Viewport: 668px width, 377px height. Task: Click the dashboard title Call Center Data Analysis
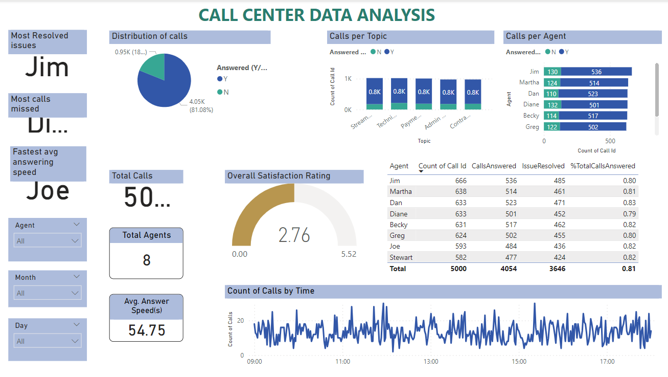tap(316, 15)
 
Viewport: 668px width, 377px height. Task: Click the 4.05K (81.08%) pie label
tap(201, 106)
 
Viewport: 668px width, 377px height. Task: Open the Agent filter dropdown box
tap(47, 240)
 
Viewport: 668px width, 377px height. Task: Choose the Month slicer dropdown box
tap(47, 293)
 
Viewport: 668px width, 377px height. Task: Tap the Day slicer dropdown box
tap(47, 341)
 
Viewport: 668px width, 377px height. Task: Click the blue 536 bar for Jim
tap(596, 72)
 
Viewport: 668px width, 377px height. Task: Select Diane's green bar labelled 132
tap(552, 105)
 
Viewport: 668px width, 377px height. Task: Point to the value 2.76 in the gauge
tap(294, 235)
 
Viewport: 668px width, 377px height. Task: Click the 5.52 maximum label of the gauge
tap(349, 254)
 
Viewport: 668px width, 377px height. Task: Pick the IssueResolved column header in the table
tap(543, 166)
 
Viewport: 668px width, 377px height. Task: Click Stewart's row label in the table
tap(401, 257)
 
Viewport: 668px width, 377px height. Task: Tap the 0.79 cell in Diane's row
tap(629, 214)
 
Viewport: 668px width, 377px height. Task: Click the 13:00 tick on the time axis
tap(431, 362)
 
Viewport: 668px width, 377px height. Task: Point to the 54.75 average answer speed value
tap(147, 330)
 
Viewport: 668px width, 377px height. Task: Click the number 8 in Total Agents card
tap(147, 260)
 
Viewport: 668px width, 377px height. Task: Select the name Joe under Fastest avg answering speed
tap(48, 191)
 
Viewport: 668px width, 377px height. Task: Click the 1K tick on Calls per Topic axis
tap(348, 79)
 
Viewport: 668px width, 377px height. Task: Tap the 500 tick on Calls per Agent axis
tap(610, 141)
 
